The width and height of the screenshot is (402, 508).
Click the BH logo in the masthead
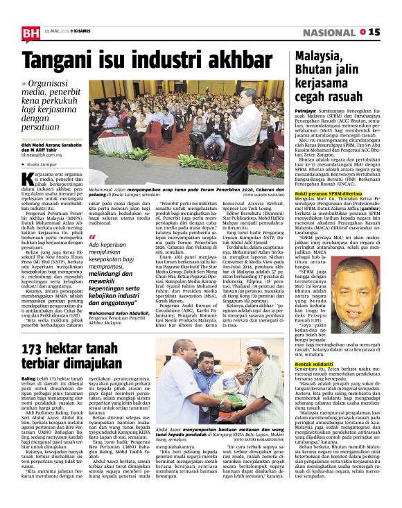[x=30, y=32]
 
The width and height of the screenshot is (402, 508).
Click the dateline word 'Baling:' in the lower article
[x=29, y=379]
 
